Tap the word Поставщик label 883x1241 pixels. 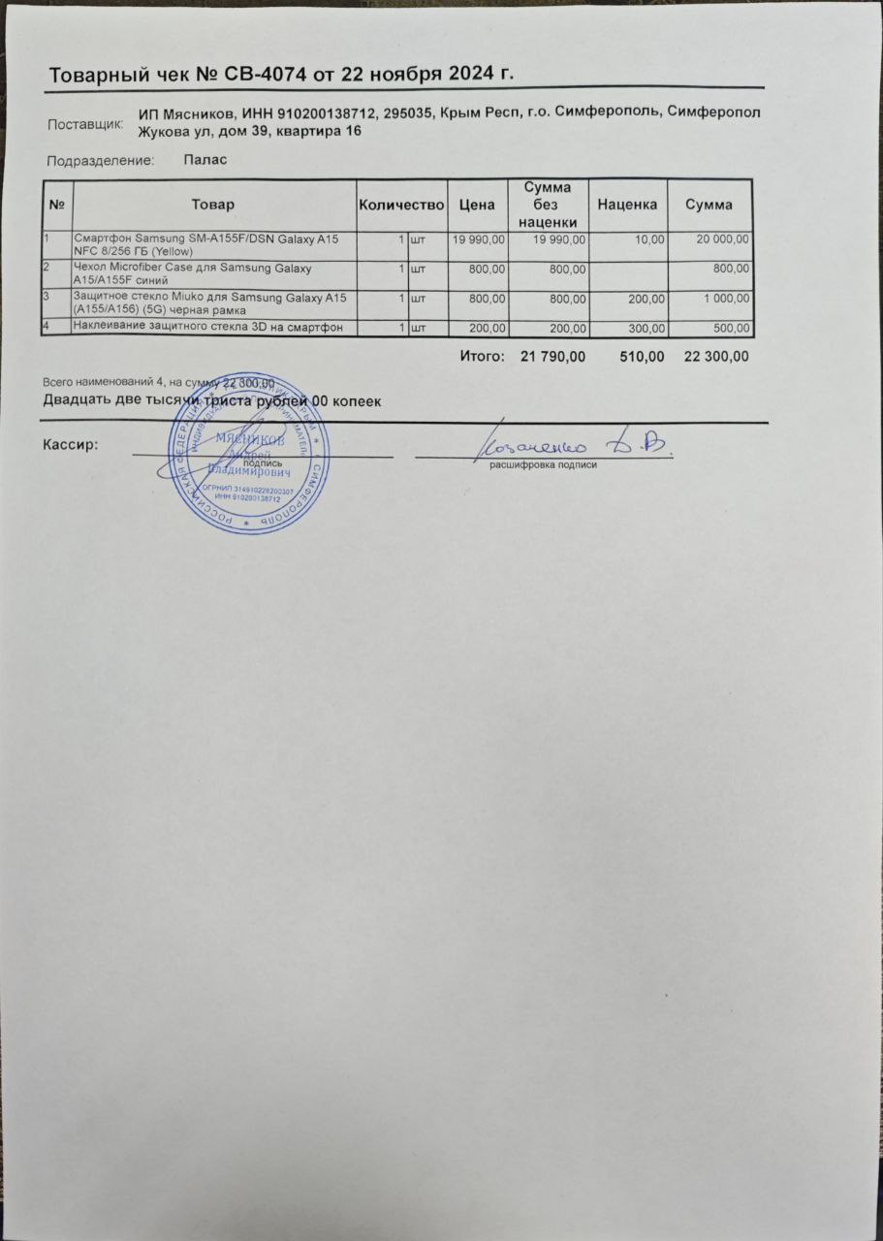85,124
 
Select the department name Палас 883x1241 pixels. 205,160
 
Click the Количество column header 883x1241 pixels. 401,205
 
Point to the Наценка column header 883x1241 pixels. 627,205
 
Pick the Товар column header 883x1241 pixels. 213,205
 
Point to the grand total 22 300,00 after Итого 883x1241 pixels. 716,357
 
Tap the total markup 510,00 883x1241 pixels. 642,357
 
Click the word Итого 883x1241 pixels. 482,357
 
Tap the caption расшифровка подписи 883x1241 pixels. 543,465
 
